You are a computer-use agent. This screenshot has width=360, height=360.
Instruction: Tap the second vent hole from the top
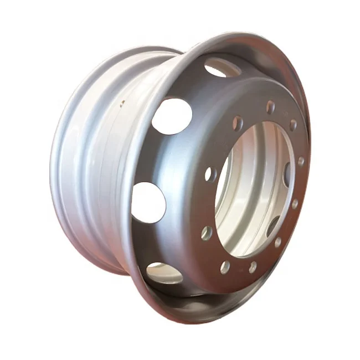click(x=172, y=116)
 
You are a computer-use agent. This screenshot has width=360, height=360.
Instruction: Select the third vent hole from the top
click(x=148, y=202)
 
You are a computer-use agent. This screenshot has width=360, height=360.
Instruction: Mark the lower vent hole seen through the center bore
click(x=273, y=225)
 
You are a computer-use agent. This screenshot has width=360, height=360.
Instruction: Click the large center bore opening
click(x=252, y=188)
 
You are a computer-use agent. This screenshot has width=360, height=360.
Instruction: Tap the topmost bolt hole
click(x=270, y=107)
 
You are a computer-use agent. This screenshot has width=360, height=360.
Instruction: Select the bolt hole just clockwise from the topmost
click(x=292, y=125)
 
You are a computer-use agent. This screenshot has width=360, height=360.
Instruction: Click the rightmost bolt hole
click(x=301, y=161)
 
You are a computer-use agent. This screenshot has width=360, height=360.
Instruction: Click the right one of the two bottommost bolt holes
click(x=253, y=267)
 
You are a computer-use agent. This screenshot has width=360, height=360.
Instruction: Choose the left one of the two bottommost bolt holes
click(x=225, y=267)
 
